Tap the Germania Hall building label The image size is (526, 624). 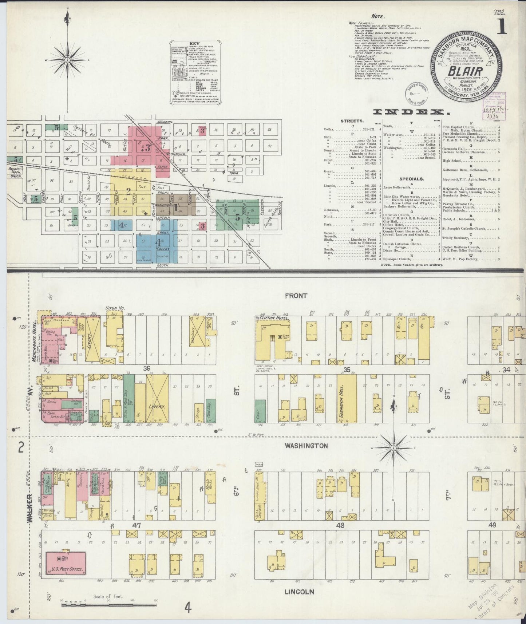[344, 398]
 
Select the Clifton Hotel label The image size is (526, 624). [273, 318]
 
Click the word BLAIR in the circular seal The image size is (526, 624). [465, 71]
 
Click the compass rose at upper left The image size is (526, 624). [67, 59]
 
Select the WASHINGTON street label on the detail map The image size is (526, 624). [306, 446]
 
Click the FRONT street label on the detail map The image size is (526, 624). [296, 296]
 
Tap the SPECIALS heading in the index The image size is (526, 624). [411, 179]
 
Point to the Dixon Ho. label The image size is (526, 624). [115, 308]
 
